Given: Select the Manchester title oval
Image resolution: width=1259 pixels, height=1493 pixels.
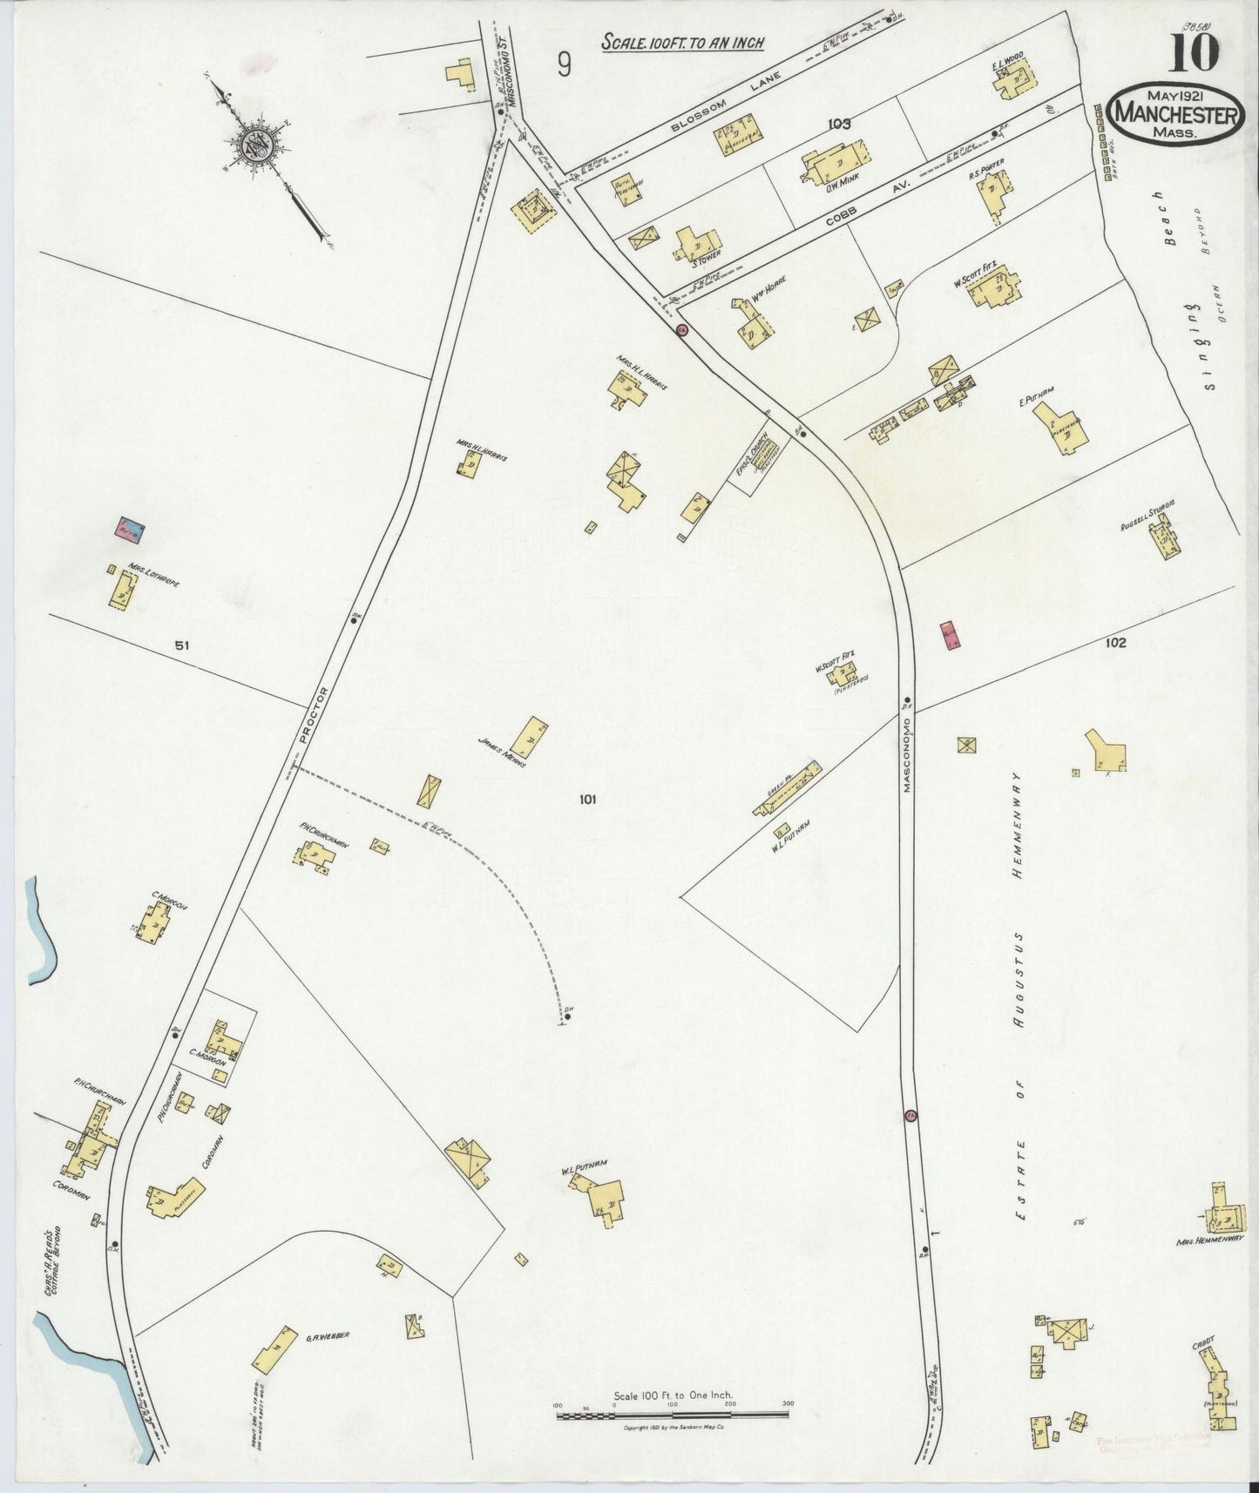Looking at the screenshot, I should click(x=1177, y=114).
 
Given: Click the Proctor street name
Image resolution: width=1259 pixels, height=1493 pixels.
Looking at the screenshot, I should click(x=314, y=714).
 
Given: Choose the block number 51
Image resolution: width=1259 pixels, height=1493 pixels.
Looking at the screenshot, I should click(x=181, y=645).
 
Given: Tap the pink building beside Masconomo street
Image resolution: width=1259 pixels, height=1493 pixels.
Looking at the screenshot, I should click(x=949, y=634).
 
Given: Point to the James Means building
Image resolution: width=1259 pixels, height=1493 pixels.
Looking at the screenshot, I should click(x=528, y=738).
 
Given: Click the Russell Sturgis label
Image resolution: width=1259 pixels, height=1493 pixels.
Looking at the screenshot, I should click(x=1148, y=515).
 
